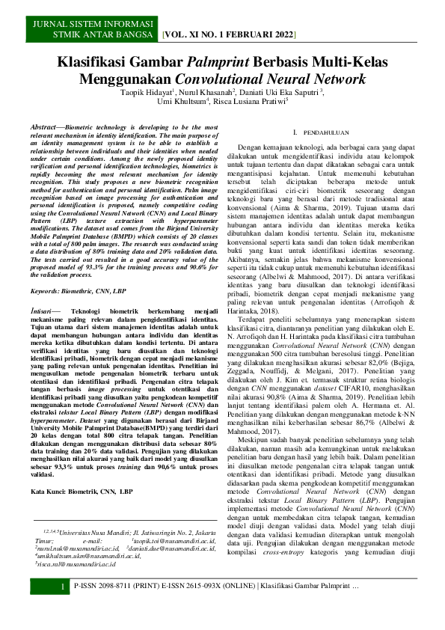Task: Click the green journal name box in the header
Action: pos(93,30)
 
